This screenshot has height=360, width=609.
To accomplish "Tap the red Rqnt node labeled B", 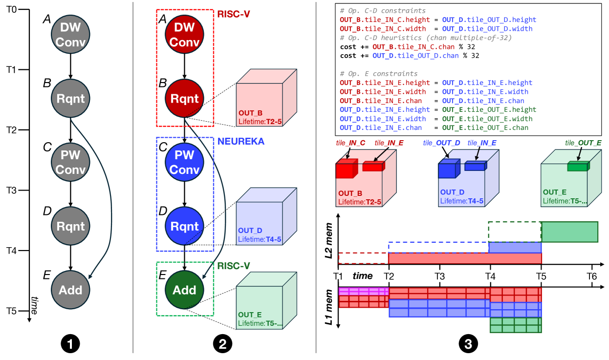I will click(185, 98).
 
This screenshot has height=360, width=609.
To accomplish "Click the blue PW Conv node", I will click(185, 162).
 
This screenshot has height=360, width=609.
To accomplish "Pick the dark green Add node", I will click(185, 290).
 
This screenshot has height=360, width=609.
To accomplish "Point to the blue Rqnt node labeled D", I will click(185, 226).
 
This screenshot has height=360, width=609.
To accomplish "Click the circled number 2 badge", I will click(223, 344).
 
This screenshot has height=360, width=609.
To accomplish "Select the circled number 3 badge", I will click(468, 344).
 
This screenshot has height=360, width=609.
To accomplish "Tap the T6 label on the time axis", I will click(591, 276).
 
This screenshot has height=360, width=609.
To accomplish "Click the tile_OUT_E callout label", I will click(584, 143).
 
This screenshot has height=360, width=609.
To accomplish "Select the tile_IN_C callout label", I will click(350, 143).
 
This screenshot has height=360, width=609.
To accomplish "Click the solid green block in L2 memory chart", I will click(569, 232).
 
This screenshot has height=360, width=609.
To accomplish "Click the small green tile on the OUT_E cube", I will click(578, 167).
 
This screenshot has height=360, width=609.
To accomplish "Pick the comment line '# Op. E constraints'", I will click(372, 74).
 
